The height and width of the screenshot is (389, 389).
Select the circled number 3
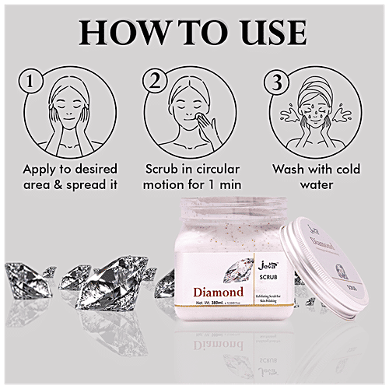tap(275, 80)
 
